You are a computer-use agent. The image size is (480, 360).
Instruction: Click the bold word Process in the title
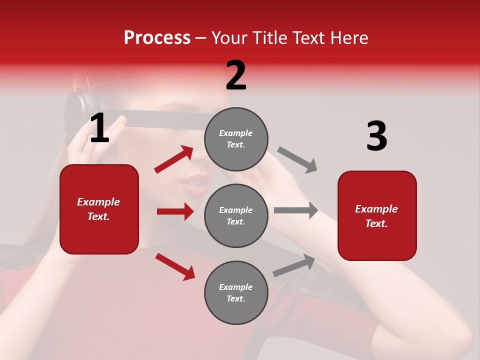pyautogui.click(x=157, y=38)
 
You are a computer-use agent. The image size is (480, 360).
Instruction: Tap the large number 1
pyautogui.click(x=99, y=128)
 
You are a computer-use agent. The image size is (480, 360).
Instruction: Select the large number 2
pyautogui.click(x=236, y=75)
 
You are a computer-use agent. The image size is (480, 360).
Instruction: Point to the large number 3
pyautogui.click(x=376, y=136)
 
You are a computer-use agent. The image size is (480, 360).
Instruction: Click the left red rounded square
pyautogui.click(x=99, y=209)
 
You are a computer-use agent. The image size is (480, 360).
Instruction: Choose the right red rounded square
pyautogui.click(x=377, y=215)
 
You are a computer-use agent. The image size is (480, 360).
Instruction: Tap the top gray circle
pyautogui.click(x=236, y=139)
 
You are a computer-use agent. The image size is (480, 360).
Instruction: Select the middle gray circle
pyautogui.click(x=236, y=215)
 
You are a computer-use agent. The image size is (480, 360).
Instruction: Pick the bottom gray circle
pyautogui.click(x=236, y=292)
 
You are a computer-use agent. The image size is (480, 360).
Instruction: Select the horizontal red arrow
pyautogui.click(x=175, y=211)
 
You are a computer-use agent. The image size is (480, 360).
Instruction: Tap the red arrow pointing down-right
pyautogui.click(x=175, y=266)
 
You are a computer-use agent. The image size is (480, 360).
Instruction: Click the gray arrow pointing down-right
pyautogui.click(x=297, y=159)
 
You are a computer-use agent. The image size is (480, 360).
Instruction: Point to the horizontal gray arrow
pyautogui.click(x=296, y=210)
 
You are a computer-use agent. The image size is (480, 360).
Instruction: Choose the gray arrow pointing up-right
pyautogui.click(x=294, y=265)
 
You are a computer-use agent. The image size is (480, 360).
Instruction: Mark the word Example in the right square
pyautogui.click(x=376, y=209)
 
